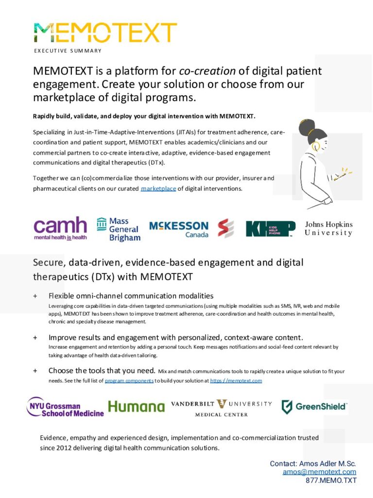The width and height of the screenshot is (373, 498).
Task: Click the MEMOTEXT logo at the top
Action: [105, 33]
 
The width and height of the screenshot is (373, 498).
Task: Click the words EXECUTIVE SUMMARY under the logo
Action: [68, 51]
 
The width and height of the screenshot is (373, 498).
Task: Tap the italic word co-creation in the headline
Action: [212, 71]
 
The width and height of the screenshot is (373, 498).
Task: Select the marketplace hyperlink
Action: [158, 189]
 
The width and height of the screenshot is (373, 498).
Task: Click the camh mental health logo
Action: [60, 228]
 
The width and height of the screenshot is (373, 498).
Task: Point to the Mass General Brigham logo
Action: [119, 229]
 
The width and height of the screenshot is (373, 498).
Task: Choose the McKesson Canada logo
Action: [178, 229]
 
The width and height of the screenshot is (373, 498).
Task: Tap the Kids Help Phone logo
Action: [270, 229]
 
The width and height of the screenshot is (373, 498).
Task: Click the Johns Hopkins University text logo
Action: [329, 229]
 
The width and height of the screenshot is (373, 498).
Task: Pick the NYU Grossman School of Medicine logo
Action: [65, 407]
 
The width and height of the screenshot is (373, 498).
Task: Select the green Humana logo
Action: [136, 407]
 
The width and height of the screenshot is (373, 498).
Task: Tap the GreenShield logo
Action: [314, 407]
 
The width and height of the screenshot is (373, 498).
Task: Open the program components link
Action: [129, 381]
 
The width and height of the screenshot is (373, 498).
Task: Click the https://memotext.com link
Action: [236, 381]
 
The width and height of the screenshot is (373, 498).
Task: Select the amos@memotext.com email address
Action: [319, 472]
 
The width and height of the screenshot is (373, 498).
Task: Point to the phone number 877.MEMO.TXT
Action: [331, 480]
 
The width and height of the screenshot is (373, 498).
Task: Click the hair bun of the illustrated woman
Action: [306, 128]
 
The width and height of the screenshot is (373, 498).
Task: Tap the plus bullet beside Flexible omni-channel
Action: [35, 296]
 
